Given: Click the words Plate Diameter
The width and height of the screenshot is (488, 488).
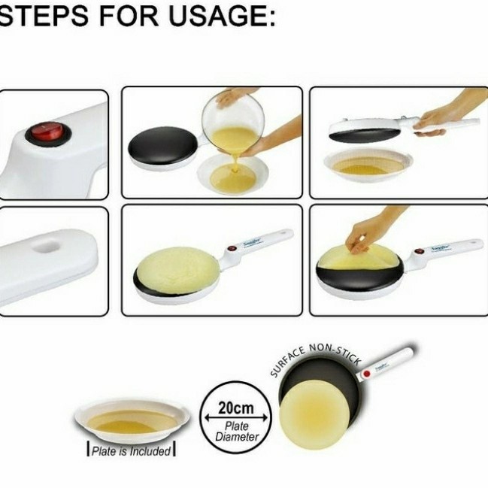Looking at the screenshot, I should [236, 431].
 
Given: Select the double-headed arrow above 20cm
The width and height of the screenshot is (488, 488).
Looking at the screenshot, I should [235, 399].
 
